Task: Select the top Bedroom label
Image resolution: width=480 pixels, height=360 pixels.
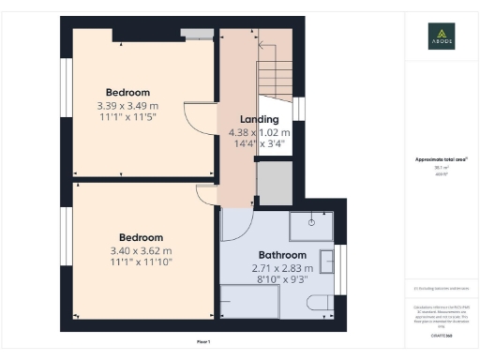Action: tap(127, 92)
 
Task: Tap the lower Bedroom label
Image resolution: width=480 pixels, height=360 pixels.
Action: tap(141, 237)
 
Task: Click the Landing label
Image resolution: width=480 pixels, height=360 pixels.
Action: tap(259, 119)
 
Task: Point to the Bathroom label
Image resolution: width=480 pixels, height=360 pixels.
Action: tap(282, 255)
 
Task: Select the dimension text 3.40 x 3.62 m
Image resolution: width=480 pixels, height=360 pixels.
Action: tap(141, 251)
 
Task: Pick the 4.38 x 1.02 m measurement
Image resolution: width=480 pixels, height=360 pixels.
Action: tap(260, 133)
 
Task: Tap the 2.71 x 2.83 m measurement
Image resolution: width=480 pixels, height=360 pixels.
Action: tap(282, 268)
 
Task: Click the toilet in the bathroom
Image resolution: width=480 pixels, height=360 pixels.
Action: tap(320, 302)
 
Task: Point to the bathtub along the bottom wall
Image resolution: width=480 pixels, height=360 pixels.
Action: tap(249, 302)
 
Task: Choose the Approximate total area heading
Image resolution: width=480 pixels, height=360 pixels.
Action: tap(442, 160)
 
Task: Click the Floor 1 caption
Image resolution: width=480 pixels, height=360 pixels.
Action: tap(204, 341)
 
